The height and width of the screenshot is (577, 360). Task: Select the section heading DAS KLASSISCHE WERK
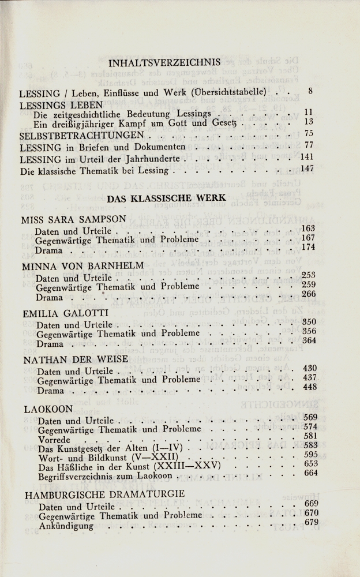point(166,197)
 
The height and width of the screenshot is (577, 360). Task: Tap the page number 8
point(310,91)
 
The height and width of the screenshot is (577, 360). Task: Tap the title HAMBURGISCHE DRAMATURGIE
point(105,494)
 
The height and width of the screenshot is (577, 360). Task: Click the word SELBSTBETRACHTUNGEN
point(81,136)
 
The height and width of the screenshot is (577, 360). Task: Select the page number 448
point(310,387)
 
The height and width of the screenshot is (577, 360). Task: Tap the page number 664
point(311,473)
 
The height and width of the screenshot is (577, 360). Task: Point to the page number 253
point(309,275)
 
